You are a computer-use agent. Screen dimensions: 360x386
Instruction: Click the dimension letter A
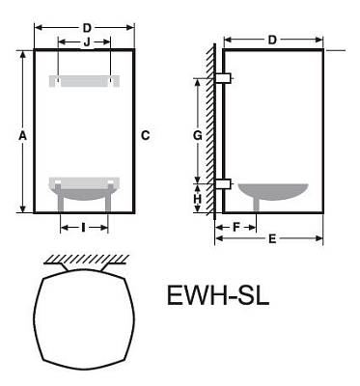22,136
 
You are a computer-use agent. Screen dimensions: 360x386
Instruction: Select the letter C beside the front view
146,135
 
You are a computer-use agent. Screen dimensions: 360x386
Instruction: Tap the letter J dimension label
87,42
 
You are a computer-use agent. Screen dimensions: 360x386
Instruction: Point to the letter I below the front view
83,228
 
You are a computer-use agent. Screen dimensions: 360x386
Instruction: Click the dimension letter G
197,135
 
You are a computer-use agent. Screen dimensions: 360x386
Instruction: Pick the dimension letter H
198,199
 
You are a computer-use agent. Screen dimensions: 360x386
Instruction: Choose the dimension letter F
236,228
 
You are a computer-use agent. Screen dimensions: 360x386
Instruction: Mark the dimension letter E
272,238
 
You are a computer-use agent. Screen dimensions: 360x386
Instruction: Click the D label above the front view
87,28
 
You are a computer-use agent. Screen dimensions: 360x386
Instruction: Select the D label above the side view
272,40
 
